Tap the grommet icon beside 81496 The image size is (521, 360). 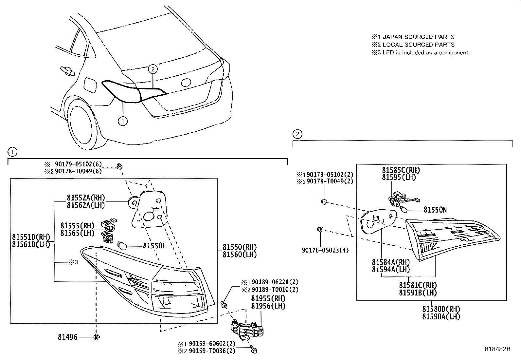coord(97,337)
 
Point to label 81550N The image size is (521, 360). coord(435,210)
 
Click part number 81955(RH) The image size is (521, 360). coord(268,298)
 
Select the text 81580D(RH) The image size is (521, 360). coord(441,309)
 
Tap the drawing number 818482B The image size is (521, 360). coord(497,349)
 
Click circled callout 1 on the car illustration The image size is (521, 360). coord(122,121)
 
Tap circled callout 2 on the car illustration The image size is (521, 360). coord(153,69)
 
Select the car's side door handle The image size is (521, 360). coord(66,70)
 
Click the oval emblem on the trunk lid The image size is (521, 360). coord(186,83)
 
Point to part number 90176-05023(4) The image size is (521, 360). coord(325,250)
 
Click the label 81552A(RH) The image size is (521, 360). coord(86,198)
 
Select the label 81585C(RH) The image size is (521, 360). coord(401,170)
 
